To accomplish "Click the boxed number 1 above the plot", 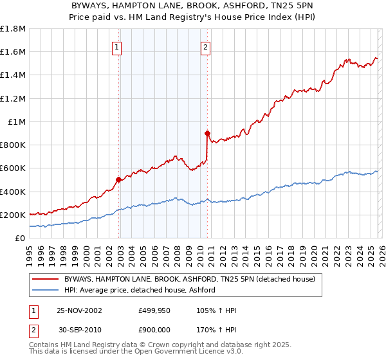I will point(116,46).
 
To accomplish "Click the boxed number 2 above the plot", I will point(205,46).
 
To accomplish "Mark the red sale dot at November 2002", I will point(119,180).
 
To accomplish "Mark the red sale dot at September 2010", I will point(208,134).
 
